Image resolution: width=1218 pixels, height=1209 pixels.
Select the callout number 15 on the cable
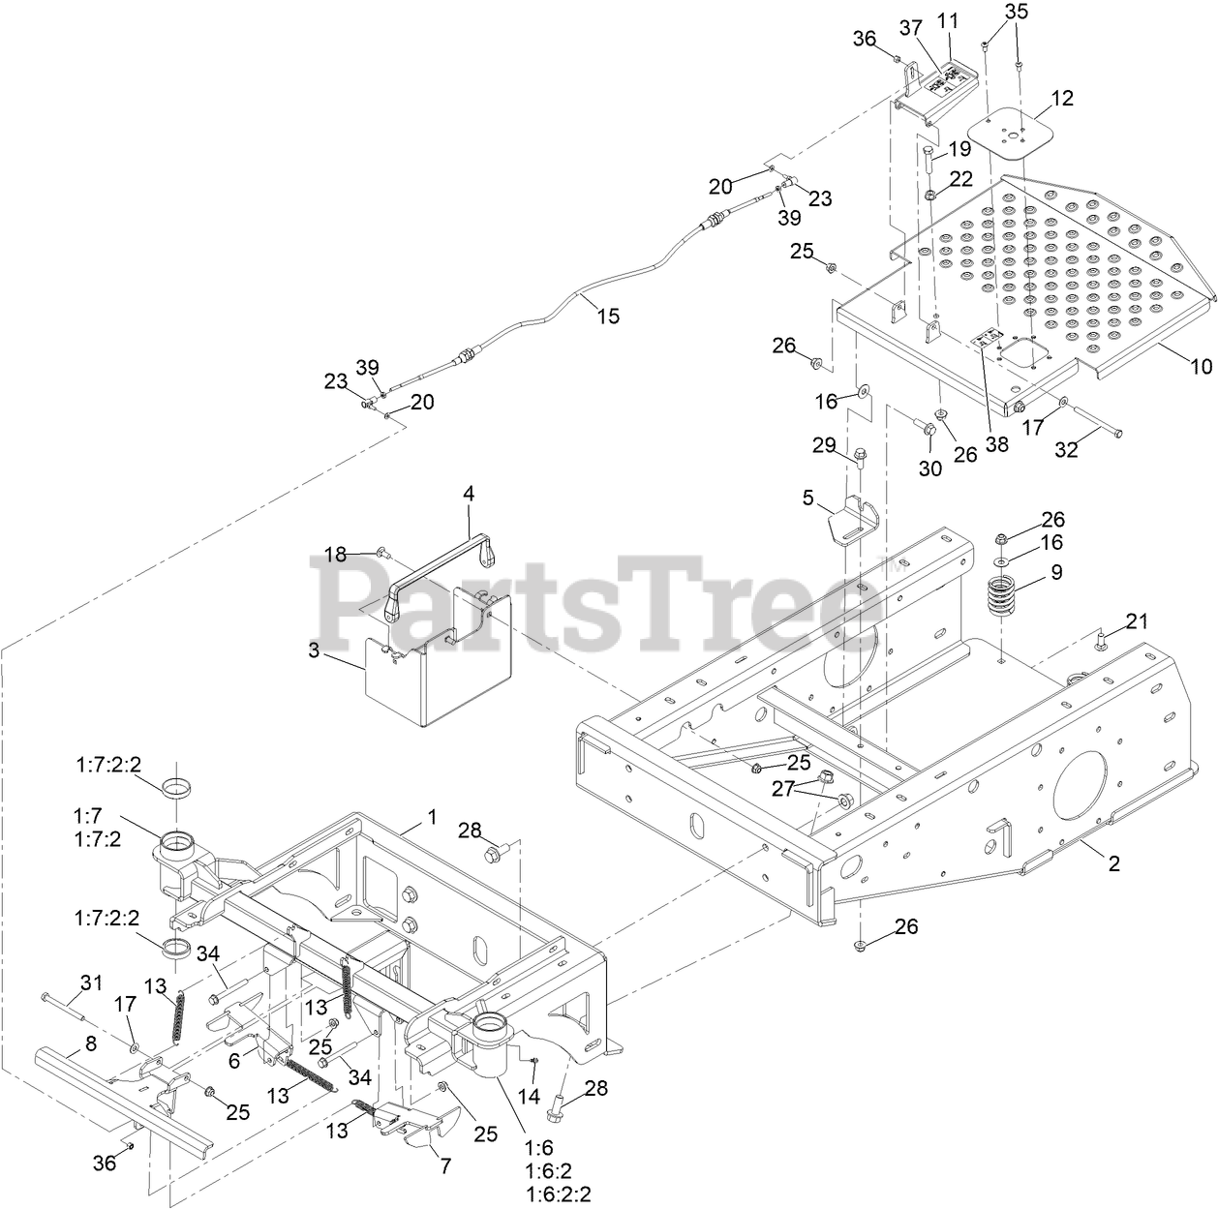(608, 316)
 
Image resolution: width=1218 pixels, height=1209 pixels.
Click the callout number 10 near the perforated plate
(1201, 366)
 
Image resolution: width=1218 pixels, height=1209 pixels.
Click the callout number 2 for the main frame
(1114, 863)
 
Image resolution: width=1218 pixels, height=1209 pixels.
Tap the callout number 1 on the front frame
(432, 818)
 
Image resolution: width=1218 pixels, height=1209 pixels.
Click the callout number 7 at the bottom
(444, 1166)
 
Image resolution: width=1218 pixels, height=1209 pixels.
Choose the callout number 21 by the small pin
(1136, 620)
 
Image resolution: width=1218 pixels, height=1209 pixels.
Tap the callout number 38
(996, 444)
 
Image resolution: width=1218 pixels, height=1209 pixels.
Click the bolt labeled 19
(929, 160)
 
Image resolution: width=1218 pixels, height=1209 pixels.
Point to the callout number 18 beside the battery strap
(334, 555)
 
